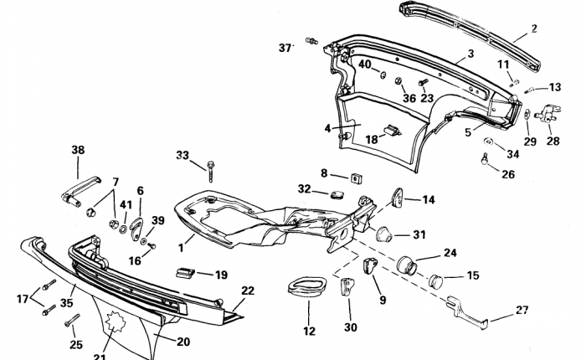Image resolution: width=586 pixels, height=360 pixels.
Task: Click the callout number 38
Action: click(x=78, y=151)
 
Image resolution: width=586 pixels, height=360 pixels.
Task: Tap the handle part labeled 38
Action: click(x=80, y=191)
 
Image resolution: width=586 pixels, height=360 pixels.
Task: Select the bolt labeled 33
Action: click(x=210, y=172)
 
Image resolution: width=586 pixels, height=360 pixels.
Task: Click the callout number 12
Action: click(x=310, y=332)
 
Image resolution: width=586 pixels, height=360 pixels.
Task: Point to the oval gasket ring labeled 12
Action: click(x=307, y=286)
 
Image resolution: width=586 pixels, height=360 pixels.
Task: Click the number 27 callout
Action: click(x=522, y=310)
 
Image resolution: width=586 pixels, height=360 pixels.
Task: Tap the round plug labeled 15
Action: click(x=435, y=281)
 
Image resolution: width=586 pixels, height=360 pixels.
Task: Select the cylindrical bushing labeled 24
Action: click(x=407, y=265)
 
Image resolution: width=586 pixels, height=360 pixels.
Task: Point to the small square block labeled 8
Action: click(x=357, y=178)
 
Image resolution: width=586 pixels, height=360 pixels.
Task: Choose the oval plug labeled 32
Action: click(x=338, y=194)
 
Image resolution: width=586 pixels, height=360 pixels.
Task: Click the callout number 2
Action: click(x=534, y=28)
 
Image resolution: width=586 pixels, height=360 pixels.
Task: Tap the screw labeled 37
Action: click(x=311, y=40)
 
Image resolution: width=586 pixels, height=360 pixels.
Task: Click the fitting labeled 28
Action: click(x=548, y=113)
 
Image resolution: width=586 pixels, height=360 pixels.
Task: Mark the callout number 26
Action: click(x=508, y=174)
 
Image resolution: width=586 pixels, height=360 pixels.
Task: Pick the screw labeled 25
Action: click(x=73, y=320)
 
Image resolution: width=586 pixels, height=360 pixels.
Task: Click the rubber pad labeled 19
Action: click(x=185, y=273)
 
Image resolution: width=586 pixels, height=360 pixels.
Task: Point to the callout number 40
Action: click(x=365, y=64)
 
